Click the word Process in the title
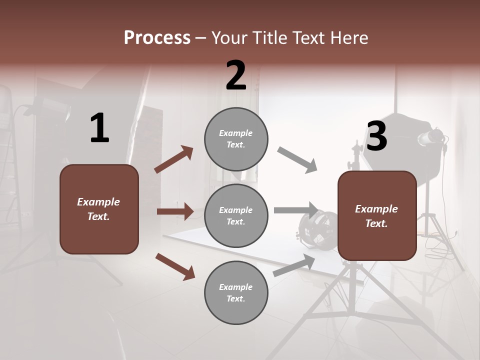click(157, 38)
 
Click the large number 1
click(99, 128)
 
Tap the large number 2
click(236, 75)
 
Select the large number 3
click(376, 136)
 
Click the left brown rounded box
click(99, 209)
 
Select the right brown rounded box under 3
click(377, 215)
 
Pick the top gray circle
click(236, 139)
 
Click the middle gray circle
click(236, 215)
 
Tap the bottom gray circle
click(236, 292)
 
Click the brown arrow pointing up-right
click(174, 159)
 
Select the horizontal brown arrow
click(175, 211)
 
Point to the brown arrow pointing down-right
click(175, 266)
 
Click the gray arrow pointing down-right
click(297, 160)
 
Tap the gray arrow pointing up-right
click(294, 265)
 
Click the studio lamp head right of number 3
click(431, 138)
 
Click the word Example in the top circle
click(235, 133)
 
